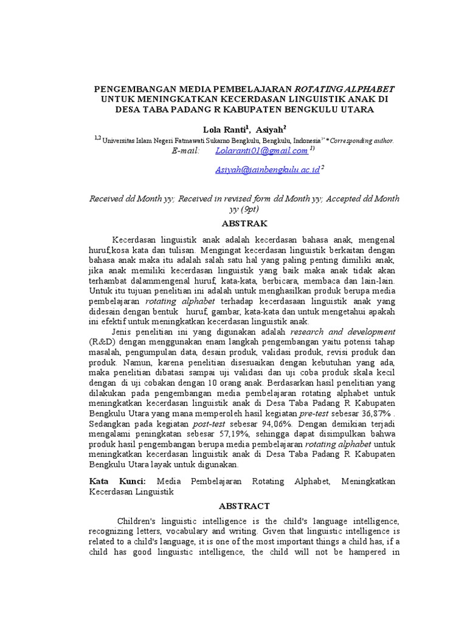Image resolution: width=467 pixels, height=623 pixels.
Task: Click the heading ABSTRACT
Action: pos(244,506)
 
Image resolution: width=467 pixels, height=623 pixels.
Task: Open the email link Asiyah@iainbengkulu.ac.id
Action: pos(268,170)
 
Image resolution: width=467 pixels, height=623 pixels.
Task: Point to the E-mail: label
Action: pos(186,150)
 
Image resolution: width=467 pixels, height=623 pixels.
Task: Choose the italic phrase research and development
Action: pos(343,332)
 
